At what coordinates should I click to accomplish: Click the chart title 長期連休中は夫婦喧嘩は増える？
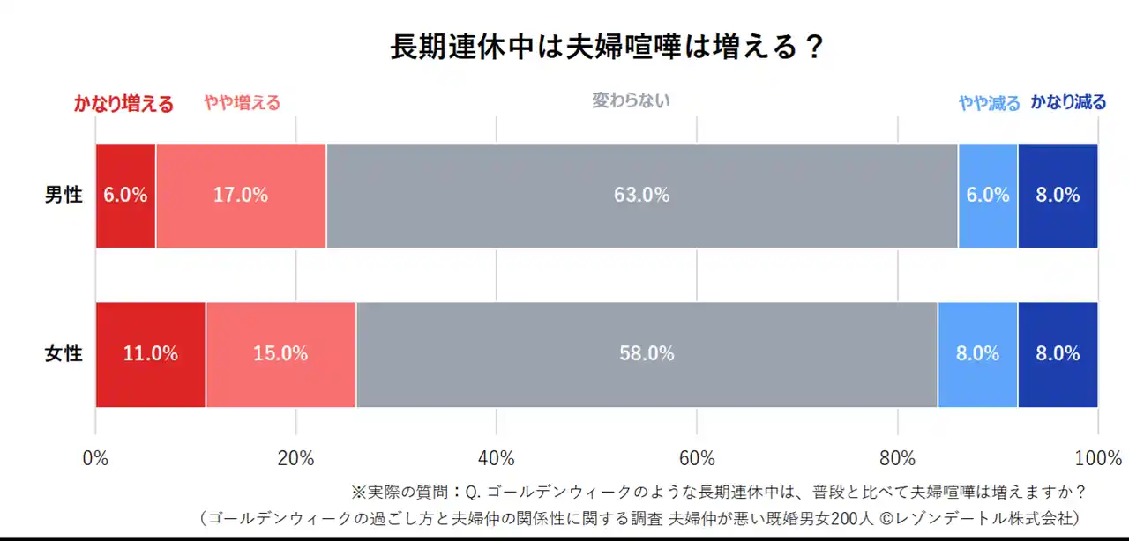[607, 47]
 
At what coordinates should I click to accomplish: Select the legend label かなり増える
[123, 104]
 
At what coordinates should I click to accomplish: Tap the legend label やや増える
[242, 103]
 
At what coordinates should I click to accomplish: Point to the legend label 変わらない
[631, 100]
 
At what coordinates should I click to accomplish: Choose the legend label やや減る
[989, 103]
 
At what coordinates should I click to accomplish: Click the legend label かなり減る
[1068, 102]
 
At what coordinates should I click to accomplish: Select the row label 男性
[64, 196]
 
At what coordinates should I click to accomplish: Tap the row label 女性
[64, 354]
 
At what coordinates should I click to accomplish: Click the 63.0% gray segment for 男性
[641, 196]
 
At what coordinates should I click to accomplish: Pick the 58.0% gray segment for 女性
[647, 354]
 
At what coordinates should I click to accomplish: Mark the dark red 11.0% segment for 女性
[150, 354]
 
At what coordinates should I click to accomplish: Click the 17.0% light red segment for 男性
[241, 196]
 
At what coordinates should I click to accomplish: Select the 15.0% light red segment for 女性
[280, 354]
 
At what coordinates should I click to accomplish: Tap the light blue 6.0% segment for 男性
[987, 196]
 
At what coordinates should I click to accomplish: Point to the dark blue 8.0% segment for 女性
[1058, 354]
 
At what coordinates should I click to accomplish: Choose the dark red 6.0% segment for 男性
[125, 196]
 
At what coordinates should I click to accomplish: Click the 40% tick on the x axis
[497, 459]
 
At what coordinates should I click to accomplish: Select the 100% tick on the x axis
[1097, 459]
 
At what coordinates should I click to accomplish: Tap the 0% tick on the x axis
[95, 459]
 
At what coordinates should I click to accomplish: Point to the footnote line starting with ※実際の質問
[718, 492]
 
